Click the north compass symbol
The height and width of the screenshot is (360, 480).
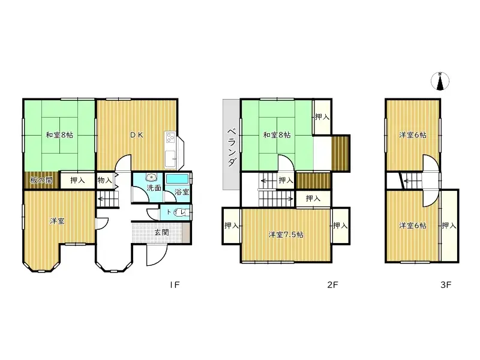click(x=440, y=82)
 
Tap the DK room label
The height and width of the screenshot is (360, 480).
click(x=137, y=135)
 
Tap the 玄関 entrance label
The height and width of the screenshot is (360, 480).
click(x=161, y=232)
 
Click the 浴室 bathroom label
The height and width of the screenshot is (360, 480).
click(x=181, y=193)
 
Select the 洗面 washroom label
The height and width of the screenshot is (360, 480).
click(x=154, y=188)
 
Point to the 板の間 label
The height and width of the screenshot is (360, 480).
click(x=41, y=180)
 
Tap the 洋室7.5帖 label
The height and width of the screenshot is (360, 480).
click(x=286, y=234)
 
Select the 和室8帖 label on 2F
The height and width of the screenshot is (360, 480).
click(x=277, y=135)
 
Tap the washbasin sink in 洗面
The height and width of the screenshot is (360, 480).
click(x=151, y=178)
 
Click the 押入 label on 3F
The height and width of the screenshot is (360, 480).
click(x=449, y=226)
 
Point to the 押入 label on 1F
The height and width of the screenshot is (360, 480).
click(x=77, y=180)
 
